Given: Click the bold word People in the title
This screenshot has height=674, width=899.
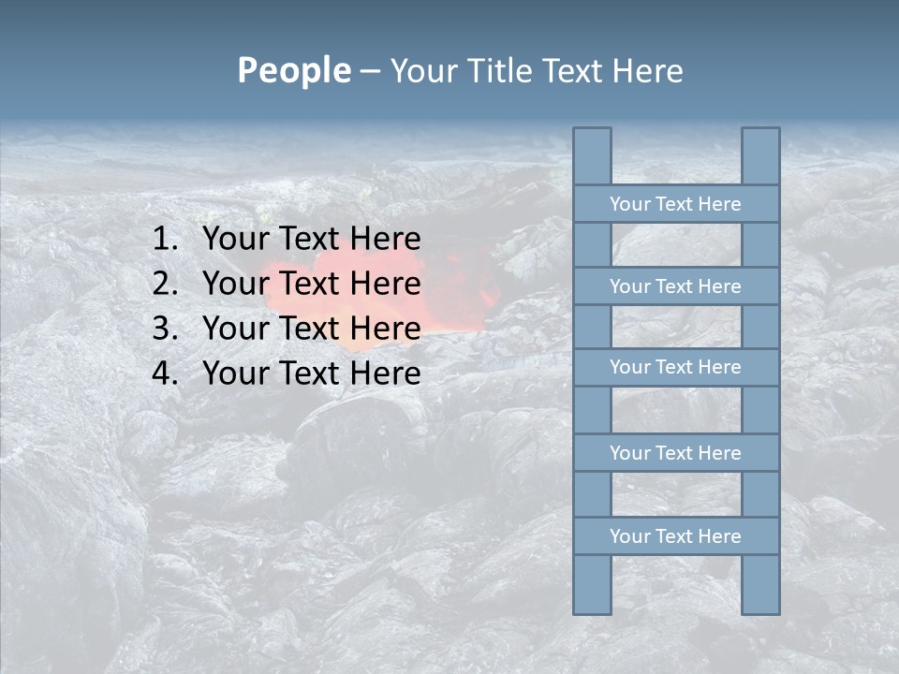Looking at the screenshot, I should (x=293, y=70).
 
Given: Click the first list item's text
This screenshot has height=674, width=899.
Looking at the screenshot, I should (x=311, y=240).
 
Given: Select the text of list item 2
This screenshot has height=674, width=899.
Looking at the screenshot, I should (x=311, y=284).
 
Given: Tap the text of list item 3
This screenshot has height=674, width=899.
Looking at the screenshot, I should (x=311, y=329).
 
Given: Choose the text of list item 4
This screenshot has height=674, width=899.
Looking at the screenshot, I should (x=311, y=374).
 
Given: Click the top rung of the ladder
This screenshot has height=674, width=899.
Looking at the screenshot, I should (x=675, y=204).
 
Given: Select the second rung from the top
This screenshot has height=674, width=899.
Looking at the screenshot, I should (x=675, y=286).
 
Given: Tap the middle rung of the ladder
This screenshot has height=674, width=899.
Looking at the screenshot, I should (x=675, y=368).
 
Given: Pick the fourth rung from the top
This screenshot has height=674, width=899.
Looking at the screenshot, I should (x=675, y=453).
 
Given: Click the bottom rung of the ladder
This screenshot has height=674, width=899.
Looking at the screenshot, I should (x=675, y=536).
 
